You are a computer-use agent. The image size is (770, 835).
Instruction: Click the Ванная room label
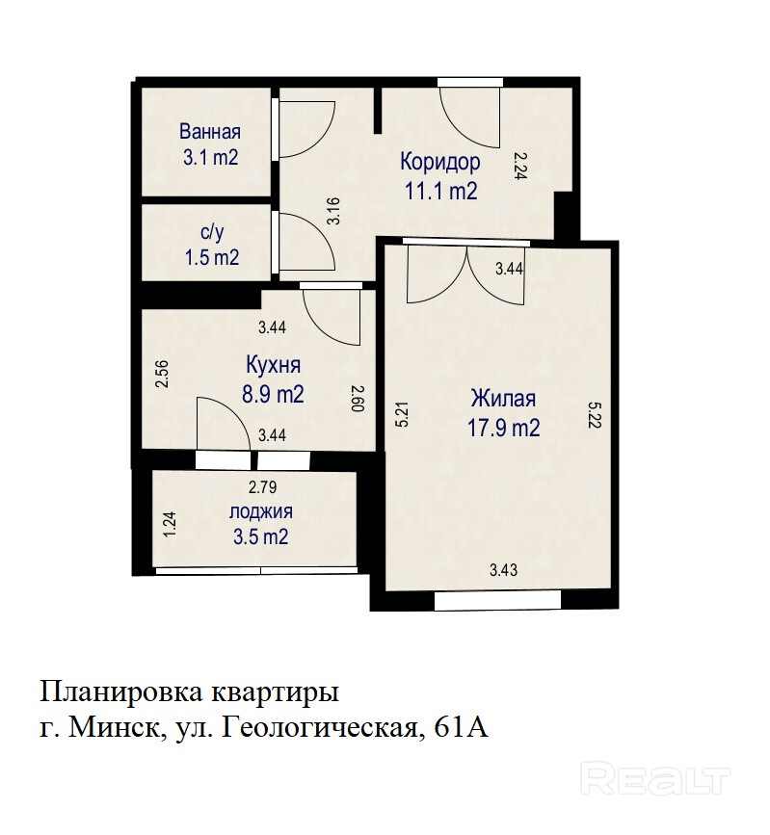pos(210,132)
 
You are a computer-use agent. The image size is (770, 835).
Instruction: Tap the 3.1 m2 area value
pos(210,158)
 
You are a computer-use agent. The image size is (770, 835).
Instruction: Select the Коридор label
pos(440,162)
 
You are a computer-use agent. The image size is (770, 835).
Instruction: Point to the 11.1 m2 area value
pos(441,191)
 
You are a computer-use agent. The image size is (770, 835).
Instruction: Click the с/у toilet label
pos(212,232)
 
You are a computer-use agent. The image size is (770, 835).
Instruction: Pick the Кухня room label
pos(274,365)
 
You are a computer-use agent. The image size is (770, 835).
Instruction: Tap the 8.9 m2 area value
pos(273,395)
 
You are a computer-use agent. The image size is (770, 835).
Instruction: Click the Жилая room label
pos(503,399)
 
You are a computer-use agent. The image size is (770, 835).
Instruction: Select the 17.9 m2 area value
pos(504,428)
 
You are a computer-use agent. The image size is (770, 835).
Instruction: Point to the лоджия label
pos(261,511)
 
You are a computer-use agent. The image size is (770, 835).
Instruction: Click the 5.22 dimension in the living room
pos(595,414)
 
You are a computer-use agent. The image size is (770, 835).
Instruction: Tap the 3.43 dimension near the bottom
pos(504,570)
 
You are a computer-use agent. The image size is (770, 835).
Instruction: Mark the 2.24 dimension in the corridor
pos(520,166)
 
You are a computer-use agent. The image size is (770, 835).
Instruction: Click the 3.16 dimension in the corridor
pos(333,211)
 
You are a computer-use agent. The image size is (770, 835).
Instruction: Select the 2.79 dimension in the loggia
pos(263,487)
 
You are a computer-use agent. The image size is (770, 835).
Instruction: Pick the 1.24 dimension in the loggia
pos(170,525)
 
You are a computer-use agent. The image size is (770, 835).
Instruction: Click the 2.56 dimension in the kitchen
pos(162,374)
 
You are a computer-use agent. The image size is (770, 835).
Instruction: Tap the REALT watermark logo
pos(655,777)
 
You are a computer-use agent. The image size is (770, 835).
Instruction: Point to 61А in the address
pos(462,727)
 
